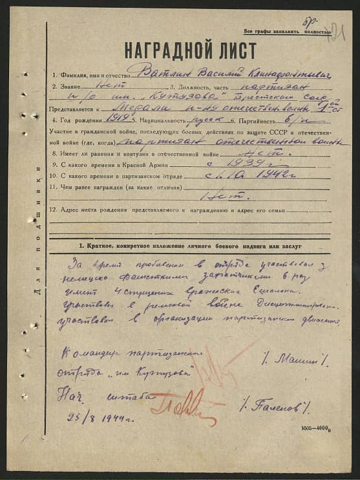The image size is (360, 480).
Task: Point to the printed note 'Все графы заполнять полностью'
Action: coord(282,32)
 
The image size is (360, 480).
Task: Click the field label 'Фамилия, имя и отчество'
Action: coord(90,76)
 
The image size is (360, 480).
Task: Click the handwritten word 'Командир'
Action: coord(84,355)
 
